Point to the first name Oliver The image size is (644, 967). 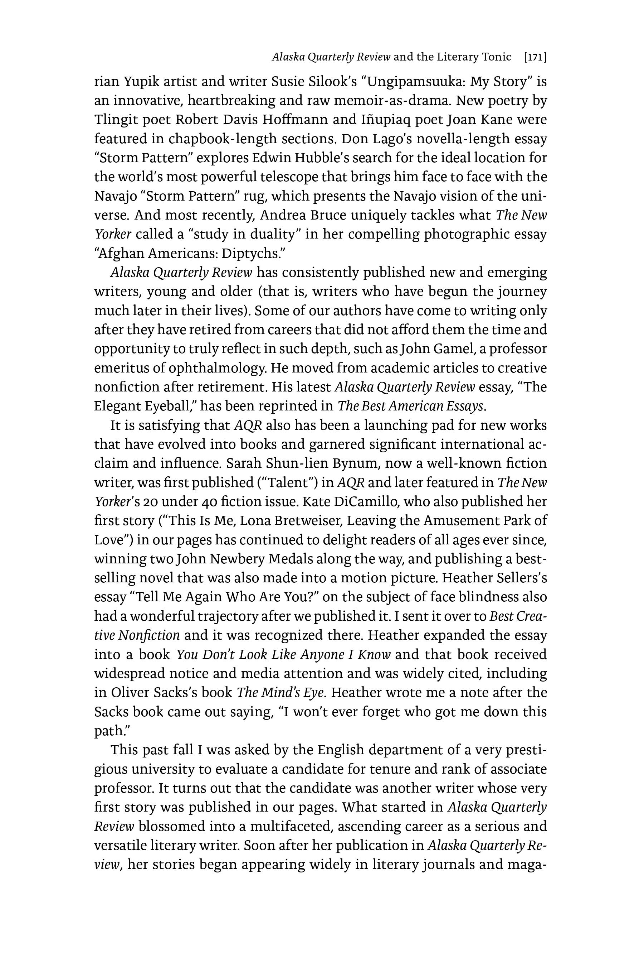point(132,692)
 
